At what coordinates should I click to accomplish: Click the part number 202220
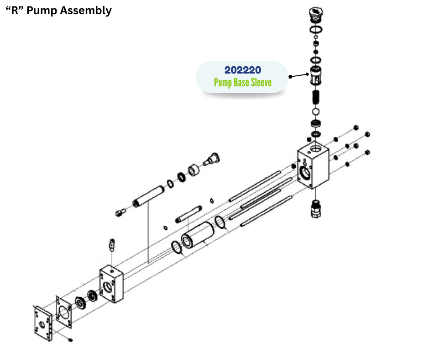(242, 70)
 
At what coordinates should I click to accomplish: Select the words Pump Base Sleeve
(242, 83)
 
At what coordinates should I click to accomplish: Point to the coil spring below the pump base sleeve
(315, 97)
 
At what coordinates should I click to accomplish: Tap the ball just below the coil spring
(315, 111)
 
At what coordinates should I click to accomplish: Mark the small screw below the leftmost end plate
(70, 340)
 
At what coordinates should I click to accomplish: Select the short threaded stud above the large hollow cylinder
(188, 215)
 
